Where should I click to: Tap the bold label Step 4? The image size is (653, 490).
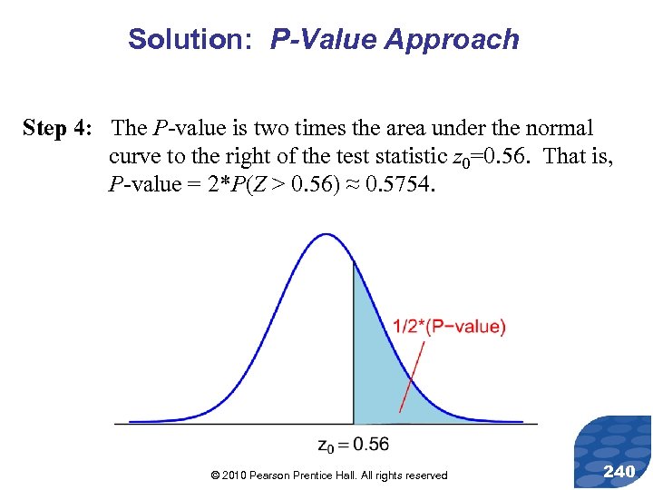57,129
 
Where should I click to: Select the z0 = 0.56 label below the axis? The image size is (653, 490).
354,444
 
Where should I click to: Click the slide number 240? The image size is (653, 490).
619,470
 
